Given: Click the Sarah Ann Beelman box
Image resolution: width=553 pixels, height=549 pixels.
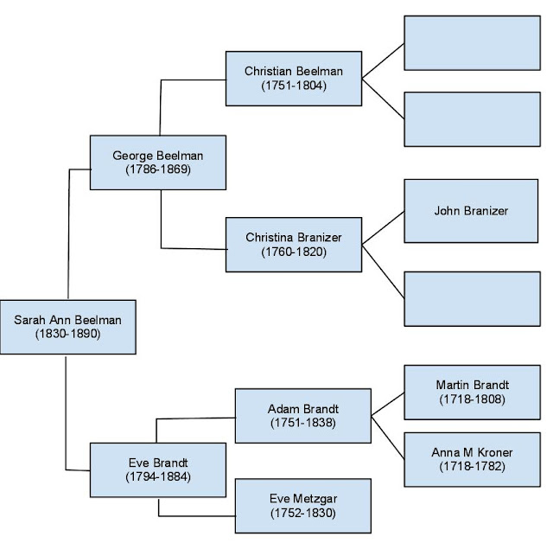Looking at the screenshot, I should pyautogui.click(x=67, y=327).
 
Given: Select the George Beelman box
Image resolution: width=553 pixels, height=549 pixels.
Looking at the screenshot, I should pyautogui.click(x=158, y=163).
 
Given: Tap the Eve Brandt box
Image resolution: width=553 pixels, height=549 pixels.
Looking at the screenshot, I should pyautogui.click(x=158, y=469).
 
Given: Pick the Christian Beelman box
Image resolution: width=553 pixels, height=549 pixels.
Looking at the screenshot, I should pyautogui.click(x=293, y=78).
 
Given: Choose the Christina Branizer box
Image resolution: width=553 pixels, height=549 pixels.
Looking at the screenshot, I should pyautogui.click(x=293, y=245).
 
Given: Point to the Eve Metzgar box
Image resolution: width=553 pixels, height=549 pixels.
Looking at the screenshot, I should pyautogui.click(x=302, y=505).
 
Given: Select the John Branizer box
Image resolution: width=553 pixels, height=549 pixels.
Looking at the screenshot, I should pyautogui.click(x=471, y=210).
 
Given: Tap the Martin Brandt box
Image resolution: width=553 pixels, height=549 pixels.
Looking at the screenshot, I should pyautogui.click(x=471, y=392).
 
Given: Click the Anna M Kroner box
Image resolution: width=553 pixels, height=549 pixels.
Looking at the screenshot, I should pyautogui.click(x=471, y=459).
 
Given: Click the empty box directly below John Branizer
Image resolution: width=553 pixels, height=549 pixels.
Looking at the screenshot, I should pyautogui.click(x=471, y=297).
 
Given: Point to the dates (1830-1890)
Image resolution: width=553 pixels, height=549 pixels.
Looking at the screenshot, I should pyautogui.click(x=67, y=334).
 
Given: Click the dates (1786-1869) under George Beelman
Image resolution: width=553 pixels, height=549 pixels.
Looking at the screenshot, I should pyautogui.click(x=158, y=169).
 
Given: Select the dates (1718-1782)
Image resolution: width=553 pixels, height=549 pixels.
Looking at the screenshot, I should pyautogui.click(x=471, y=467).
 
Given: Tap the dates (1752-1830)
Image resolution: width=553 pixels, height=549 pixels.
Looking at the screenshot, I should pyautogui.click(x=302, y=513).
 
